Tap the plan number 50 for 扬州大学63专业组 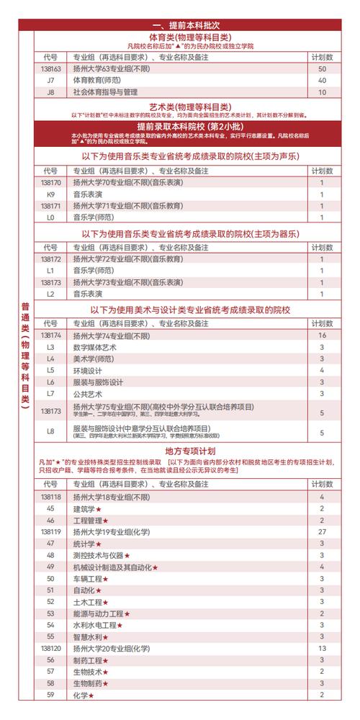[322, 68]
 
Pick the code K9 [50, 194]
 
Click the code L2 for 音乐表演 [50, 294]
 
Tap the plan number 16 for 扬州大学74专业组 [322, 336]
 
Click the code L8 [50, 432]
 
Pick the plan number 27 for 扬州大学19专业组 [322, 531]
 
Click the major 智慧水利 [91, 636]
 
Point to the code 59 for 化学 [50, 695]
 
